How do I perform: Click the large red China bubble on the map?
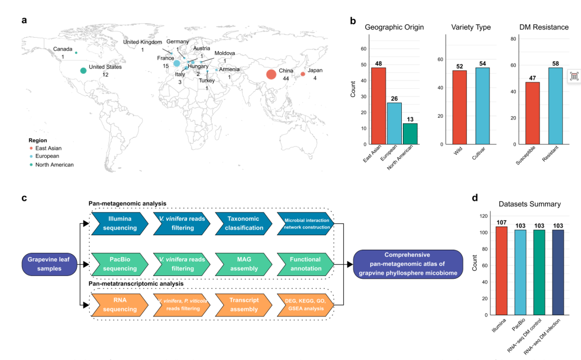coord(271,74)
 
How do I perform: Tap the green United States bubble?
coord(83,70)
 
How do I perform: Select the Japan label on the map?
coord(315,70)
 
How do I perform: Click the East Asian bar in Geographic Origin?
coord(378,106)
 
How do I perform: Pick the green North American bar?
coord(410,134)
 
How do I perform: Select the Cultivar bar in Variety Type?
coord(483,106)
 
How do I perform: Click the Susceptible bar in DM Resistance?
coord(533,113)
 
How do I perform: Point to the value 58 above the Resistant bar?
coord(555,63)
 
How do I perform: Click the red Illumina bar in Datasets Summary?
coord(501,271)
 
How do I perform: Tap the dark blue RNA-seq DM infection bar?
coord(558,272)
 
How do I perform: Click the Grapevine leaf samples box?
coord(49,264)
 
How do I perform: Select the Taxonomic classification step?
coord(244,223)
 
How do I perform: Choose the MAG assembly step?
coord(244,264)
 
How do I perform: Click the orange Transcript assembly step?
coord(244,305)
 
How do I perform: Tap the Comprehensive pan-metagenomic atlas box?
coord(408,264)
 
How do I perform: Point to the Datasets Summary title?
coord(529,204)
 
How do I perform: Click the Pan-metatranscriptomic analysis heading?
coord(136,284)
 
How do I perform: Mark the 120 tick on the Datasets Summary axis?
coord(484,216)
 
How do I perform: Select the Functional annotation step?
coord(306,264)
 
